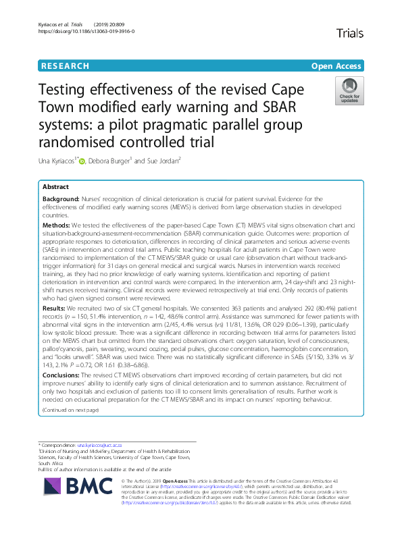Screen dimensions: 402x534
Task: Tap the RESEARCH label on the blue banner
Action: (66, 66)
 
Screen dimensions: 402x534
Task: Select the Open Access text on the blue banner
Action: (337, 66)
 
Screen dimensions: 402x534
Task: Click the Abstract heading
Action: (55, 186)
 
